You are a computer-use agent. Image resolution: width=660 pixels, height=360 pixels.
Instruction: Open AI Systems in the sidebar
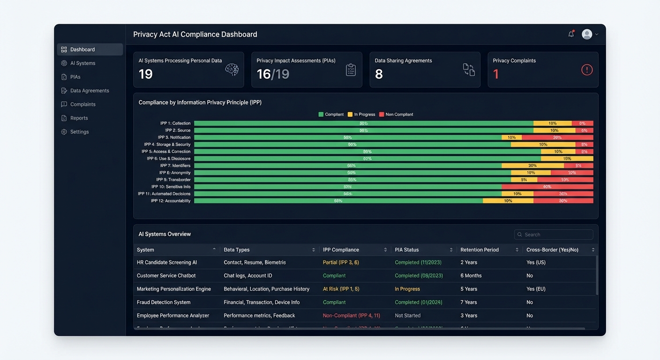point(82,63)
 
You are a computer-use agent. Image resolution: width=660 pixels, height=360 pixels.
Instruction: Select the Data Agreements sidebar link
point(89,90)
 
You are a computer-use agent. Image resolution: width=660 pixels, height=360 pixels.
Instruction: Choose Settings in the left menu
point(79,132)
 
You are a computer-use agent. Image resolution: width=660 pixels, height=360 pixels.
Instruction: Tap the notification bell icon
point(571,34)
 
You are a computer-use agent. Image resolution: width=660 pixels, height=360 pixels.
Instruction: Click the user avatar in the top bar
point(587,34)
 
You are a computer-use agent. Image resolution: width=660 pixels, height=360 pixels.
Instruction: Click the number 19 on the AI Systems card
point(146,74)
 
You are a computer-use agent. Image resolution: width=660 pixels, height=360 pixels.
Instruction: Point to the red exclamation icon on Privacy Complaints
point(587,70)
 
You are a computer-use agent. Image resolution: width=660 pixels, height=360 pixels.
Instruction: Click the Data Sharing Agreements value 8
point(379,74)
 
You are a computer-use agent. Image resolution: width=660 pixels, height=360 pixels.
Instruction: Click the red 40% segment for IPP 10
point(547,187)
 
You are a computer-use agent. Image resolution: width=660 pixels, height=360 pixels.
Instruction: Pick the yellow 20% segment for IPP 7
point(532,165)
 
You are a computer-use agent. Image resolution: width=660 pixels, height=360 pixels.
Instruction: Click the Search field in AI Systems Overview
point(554,234)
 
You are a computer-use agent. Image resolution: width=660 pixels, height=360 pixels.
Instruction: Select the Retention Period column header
point(479,250)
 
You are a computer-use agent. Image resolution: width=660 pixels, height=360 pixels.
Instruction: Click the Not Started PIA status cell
point(407,315)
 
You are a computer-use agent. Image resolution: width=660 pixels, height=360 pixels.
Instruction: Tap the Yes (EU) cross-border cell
point(536,289)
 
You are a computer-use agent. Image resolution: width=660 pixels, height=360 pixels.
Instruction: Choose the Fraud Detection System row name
point(163,302)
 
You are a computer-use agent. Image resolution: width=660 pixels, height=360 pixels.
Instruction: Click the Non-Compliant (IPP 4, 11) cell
point(351,315)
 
